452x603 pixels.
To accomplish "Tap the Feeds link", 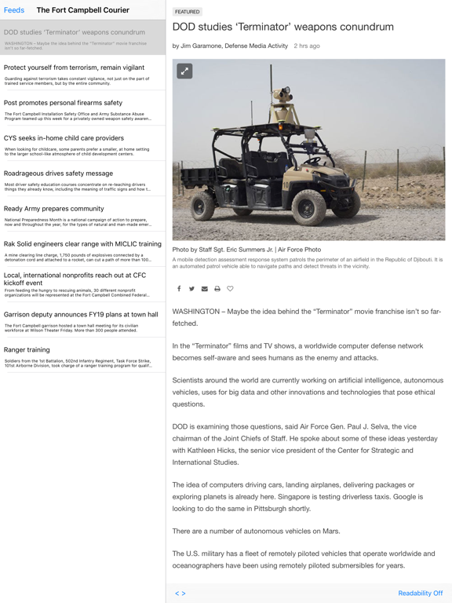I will pos(14,10).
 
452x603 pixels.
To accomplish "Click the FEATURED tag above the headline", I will pos(188,12).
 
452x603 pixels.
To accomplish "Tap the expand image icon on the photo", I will pos(184,71).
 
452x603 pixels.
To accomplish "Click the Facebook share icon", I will pos(179,289).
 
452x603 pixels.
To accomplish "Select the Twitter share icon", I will pos(191,289).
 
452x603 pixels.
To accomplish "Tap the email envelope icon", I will pos(205,289).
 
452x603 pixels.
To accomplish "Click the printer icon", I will pos(217,289).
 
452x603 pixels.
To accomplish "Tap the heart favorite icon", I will pos(230,289).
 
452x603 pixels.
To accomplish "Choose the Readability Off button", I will pos(420,594).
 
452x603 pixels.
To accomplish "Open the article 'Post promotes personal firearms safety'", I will pos(63,103).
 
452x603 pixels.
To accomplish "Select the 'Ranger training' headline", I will pos(27,349).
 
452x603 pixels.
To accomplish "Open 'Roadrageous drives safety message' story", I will pos(58,173).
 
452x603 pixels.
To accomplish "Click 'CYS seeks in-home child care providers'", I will pos(64,137).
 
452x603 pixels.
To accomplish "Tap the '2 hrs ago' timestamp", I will pos(307,46).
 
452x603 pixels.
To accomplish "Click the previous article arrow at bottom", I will pos(177,594).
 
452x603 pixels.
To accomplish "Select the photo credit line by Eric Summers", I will pos(246,250).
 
